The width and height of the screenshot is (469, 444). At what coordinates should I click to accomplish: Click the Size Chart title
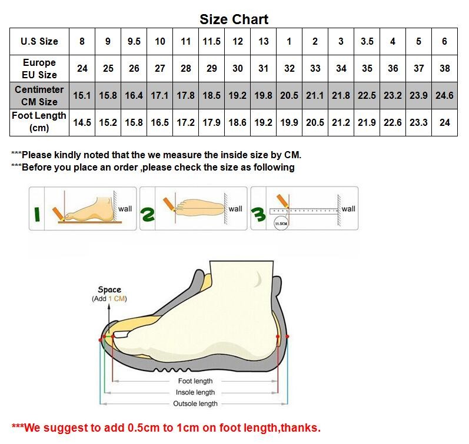click(234, 19)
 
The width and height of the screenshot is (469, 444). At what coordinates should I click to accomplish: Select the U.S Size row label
click(39, 41)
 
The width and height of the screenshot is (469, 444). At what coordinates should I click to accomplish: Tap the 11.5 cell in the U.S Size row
click(211, 41)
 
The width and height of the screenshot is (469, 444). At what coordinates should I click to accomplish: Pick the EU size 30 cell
click(238, 68)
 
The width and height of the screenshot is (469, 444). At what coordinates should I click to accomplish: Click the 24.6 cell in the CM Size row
click(444, 95)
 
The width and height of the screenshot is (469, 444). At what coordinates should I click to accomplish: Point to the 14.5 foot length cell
click(82, 122)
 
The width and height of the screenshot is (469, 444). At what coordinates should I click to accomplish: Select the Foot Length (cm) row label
click(39, 122)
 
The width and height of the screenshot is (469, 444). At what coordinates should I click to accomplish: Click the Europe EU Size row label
click(39, 68)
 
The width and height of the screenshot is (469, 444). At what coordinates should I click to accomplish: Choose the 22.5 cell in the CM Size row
click(367, 95)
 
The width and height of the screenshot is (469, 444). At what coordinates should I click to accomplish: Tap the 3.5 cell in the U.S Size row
click(367, 41)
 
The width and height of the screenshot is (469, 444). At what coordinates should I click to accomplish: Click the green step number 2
click(148, 215)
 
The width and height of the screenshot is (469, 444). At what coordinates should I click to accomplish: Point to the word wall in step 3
click(348, 209)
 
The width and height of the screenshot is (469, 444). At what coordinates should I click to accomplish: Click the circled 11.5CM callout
click(281, 223)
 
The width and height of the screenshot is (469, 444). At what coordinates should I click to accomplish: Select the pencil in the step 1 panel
click(58, 214)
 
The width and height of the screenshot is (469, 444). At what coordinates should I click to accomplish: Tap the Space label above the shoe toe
click(109, 290)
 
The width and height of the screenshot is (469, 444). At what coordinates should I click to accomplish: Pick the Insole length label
click(195, 392)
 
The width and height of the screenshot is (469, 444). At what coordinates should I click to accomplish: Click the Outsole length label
click(195, 403)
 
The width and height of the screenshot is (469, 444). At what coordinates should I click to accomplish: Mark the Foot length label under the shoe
click(195, 381)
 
